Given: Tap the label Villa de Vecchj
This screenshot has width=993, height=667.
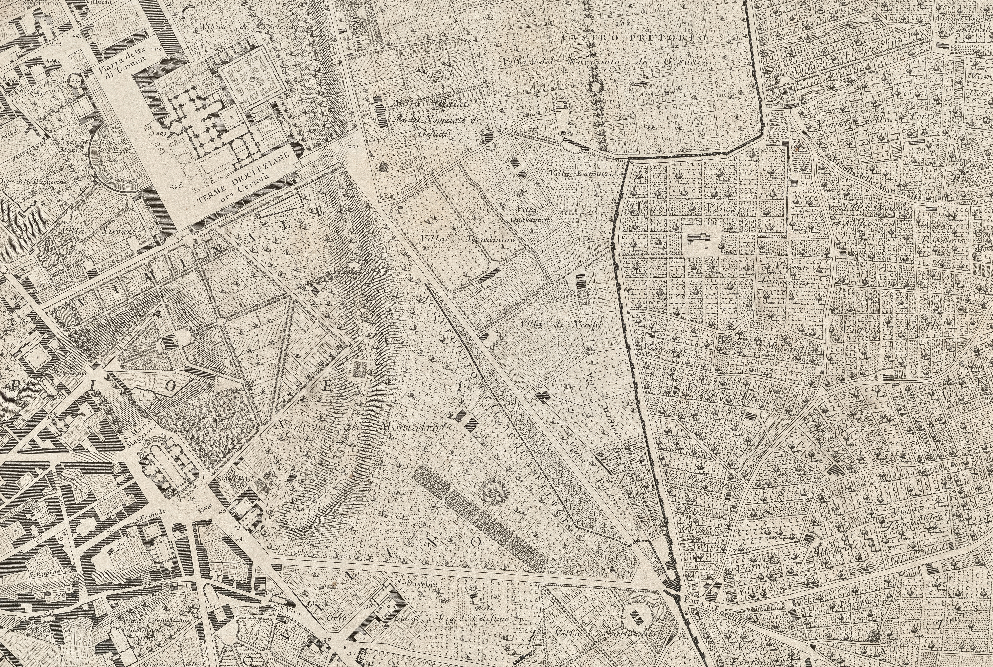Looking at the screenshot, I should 560,325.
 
